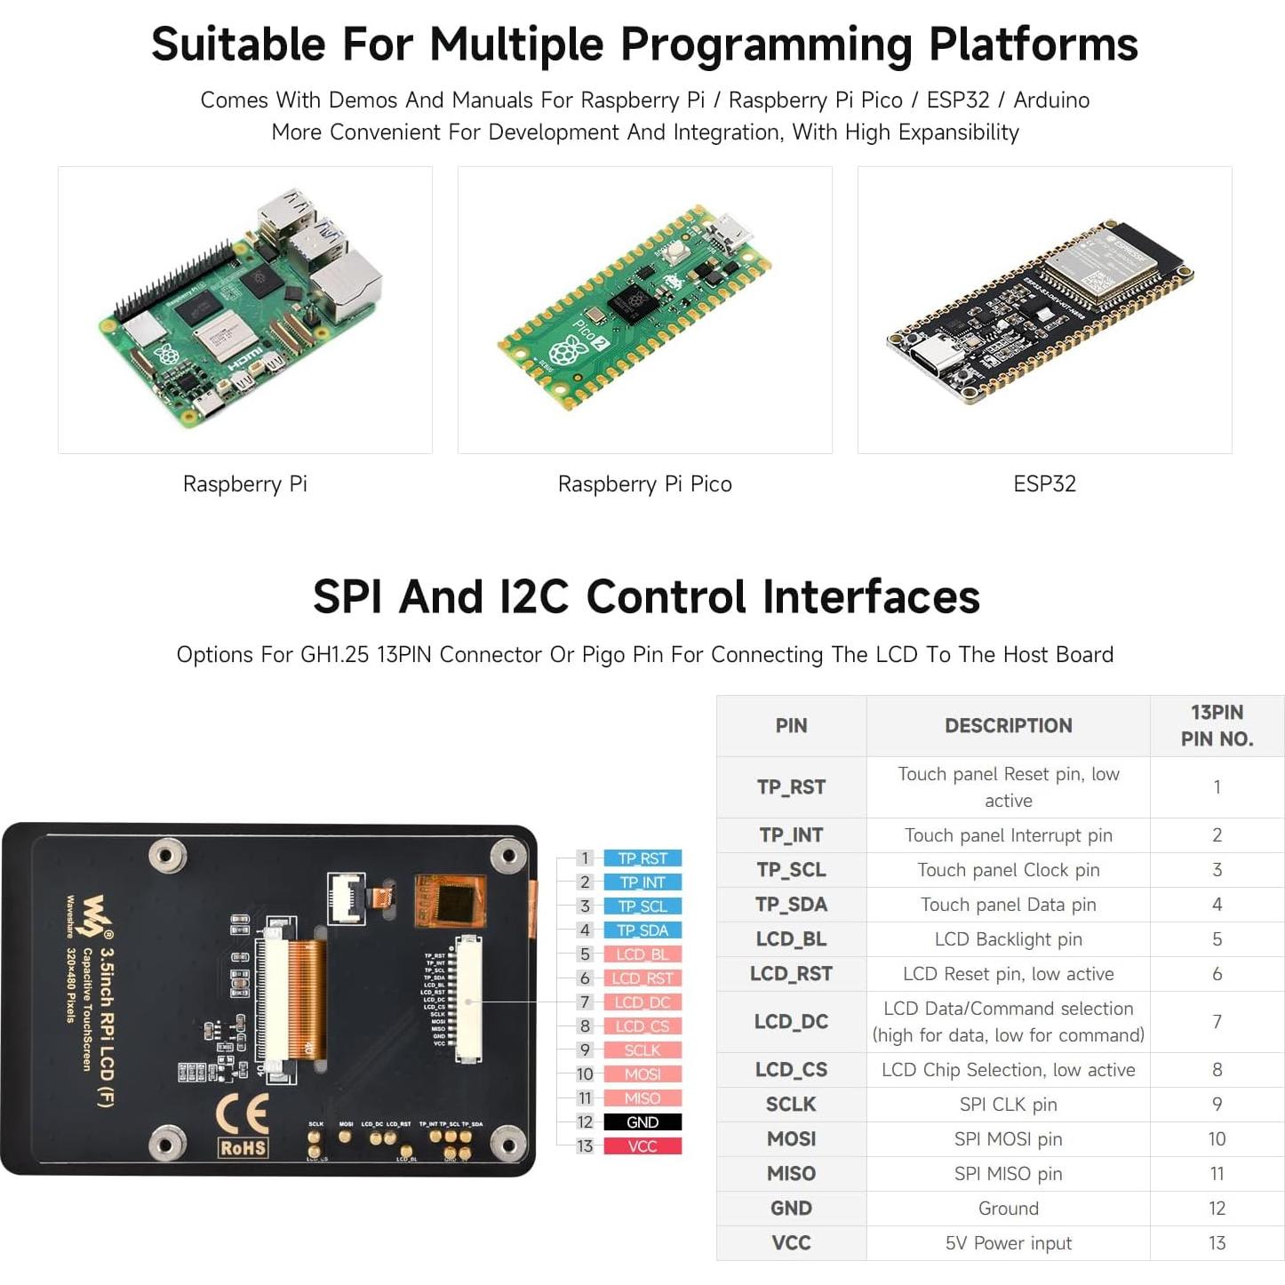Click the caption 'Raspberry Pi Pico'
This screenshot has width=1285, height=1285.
(644, 484)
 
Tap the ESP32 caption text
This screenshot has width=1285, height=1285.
(1044, 484)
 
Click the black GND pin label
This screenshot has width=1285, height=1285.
(642, 1122)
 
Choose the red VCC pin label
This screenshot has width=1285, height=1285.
(642, 1146)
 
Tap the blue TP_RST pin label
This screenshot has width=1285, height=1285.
(642, 858)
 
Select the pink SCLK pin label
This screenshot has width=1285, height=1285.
(642, 1050)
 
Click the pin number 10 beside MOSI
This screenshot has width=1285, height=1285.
(585, 1074)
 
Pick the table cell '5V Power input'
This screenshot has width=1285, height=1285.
(1008, 1243)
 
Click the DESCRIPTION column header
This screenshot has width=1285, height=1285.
(1008, 725)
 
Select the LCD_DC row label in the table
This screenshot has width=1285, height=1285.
(791, 1022)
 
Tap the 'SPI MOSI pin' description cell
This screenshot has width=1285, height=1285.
(1008, 1139)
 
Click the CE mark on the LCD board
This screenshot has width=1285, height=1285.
(243, 1113)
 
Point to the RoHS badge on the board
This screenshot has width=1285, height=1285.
(243, 1148)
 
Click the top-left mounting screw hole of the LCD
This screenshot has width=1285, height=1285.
(166, 855)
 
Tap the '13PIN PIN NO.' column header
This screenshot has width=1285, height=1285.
(1217, 725)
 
